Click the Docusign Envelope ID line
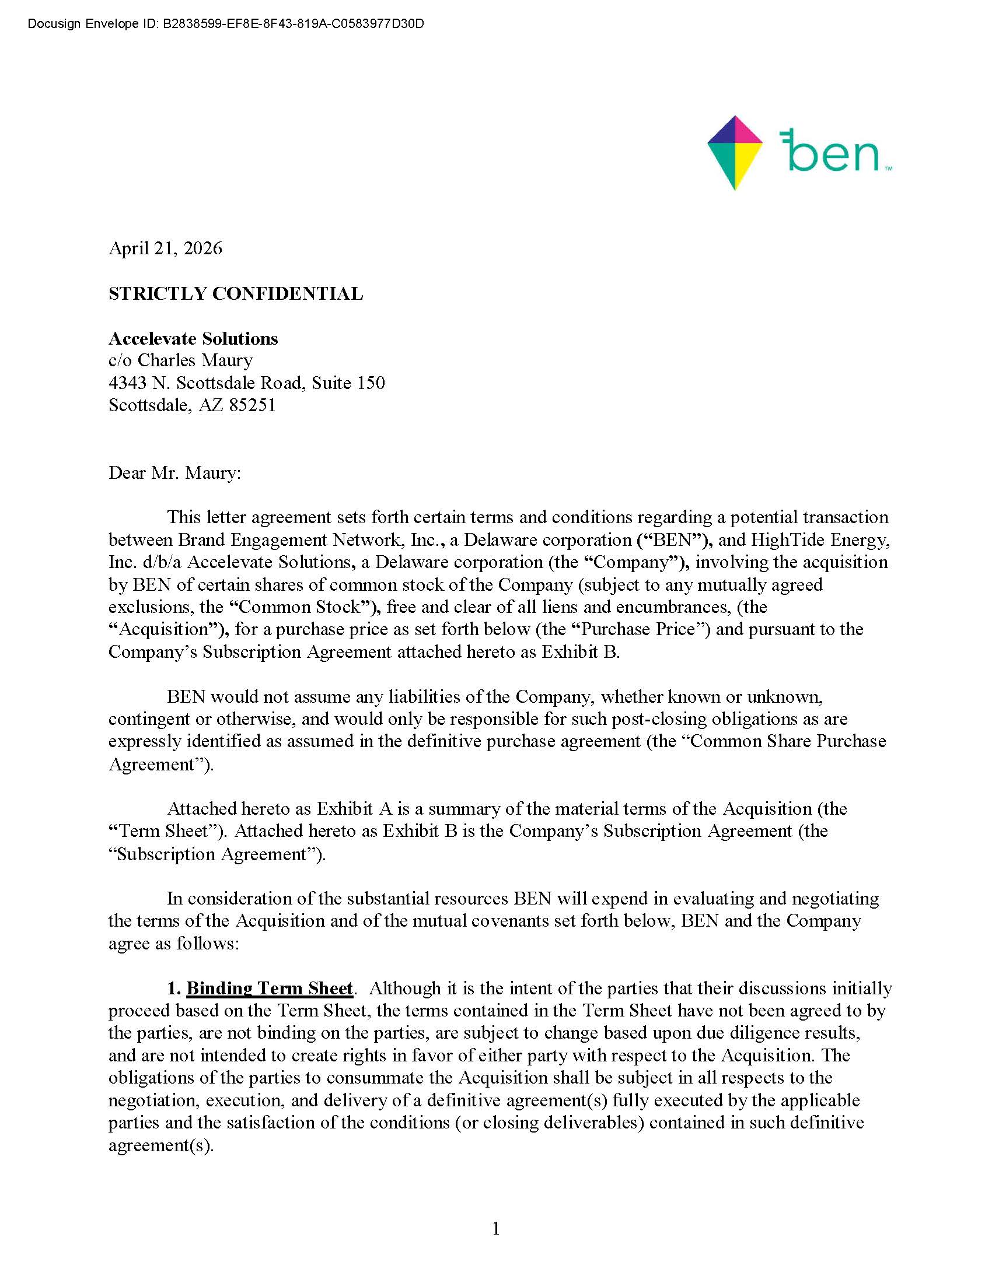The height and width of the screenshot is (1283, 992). coord(226,24)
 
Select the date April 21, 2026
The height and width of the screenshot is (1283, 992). coord(165,248)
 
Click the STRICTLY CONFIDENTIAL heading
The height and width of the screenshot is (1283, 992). coord(236,293)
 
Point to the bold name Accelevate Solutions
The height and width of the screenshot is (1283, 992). coord(193,338)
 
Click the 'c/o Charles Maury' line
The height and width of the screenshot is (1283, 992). coord(180,360)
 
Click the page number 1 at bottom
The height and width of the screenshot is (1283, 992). coord(496,1228)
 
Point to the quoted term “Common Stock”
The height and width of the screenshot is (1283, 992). coord(299,607)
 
